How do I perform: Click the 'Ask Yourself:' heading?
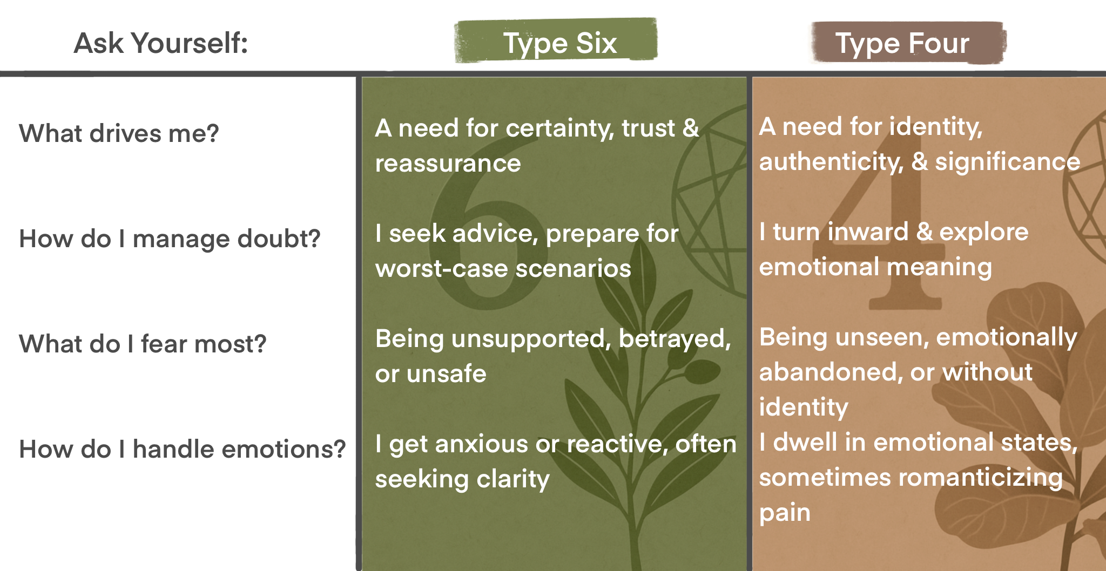pyautogui.click(x=160, y=43)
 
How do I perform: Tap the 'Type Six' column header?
pyautogui.click(x=559, y=43)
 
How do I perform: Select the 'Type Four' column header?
pyautogui.click(x=902, y=43)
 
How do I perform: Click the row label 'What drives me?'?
pyautogui.click(x=119, y=133)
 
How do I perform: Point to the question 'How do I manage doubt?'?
pyautogui.click(x=170, y=239)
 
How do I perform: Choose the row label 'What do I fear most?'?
pyautogui.click(x=143, y=344)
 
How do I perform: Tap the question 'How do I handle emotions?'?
pyautogui.click(x=182, y=449)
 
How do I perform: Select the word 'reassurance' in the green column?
pyautogui.click(x=448, y=164)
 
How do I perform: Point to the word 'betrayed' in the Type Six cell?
pyautogui.click(x=674, y=339)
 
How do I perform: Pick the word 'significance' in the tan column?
pyautogui.click(x=1007, y=162)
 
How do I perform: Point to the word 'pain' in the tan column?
pyautogui.click(x=785, y=513)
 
